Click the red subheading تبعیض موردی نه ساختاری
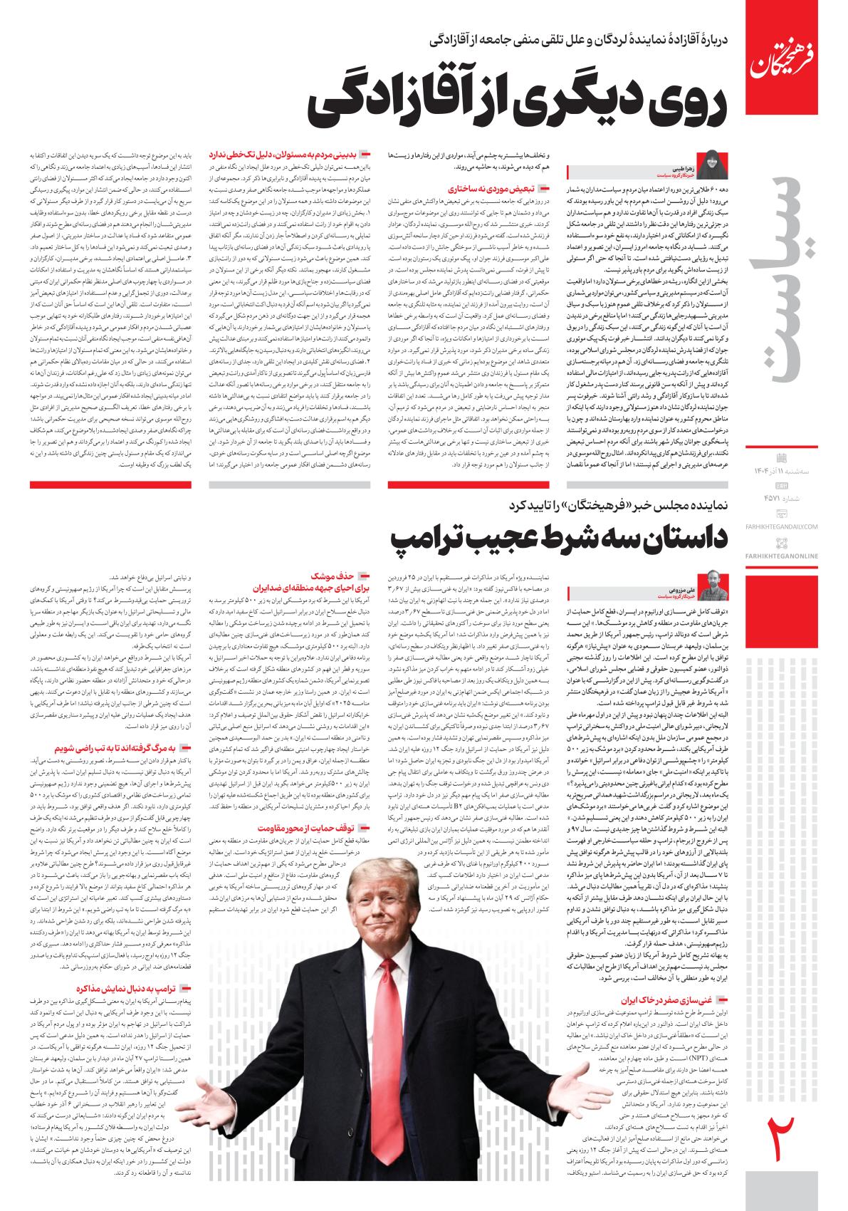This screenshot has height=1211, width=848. (498, 189)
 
